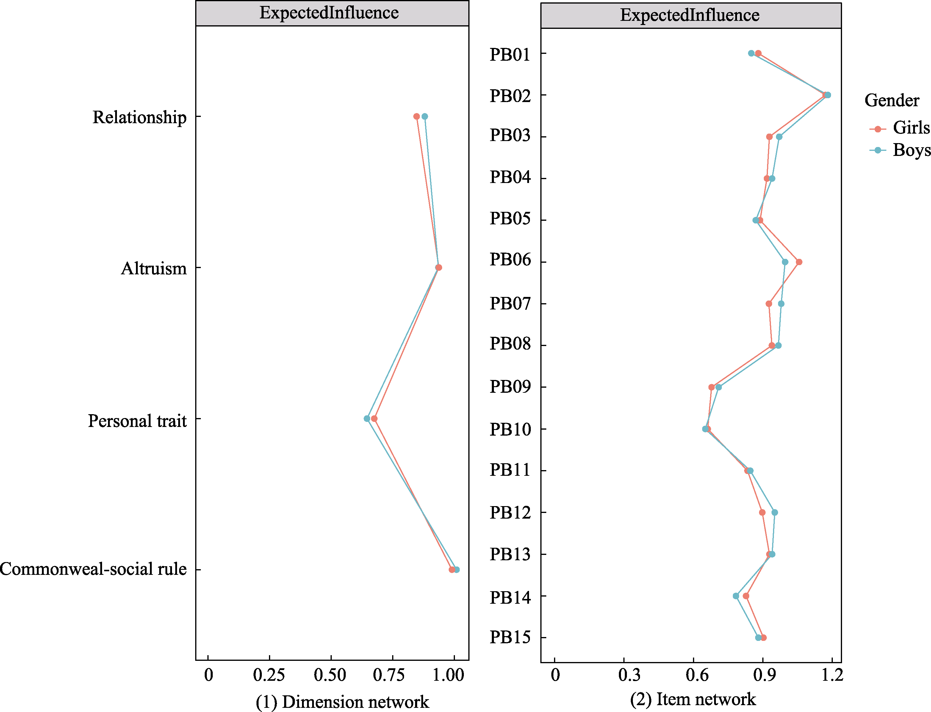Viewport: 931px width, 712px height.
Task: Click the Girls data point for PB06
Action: coord(799,262)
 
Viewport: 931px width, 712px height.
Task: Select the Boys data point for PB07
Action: coord(781,304)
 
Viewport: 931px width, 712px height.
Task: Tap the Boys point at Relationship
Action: coord(425,117)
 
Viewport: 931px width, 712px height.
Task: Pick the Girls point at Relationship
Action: coord(417,117)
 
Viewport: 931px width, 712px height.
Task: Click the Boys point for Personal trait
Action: coord(367,419)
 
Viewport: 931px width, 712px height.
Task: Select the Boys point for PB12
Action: coord(774,512)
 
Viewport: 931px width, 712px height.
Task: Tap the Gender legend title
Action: coord(892,101)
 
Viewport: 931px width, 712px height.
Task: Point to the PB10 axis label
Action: coord(510,429)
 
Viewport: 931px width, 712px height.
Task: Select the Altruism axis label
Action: coord(154,268)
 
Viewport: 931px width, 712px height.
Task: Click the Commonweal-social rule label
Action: coord(93,569)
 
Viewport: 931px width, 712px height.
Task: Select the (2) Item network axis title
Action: coord(693,699)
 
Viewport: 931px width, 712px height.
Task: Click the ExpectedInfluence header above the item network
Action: coord(690,15)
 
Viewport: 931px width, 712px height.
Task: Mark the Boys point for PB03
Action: coord(779,137)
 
